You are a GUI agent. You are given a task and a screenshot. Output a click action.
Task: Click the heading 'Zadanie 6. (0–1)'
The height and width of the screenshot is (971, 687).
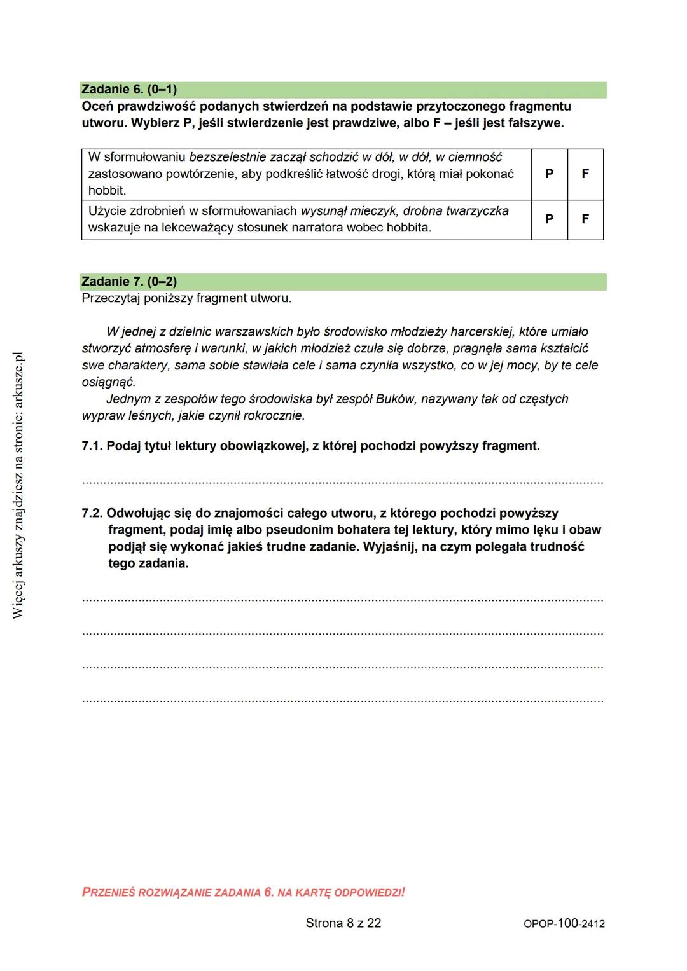[x=129, y=90]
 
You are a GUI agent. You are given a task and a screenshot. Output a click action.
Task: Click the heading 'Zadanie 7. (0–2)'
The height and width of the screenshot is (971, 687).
[x=129, y=282]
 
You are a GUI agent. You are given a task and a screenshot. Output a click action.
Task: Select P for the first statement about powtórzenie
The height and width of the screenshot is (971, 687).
[x=549, y=174]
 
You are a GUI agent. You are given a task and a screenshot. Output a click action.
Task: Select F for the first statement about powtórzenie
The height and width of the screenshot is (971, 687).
[x=585, y=174]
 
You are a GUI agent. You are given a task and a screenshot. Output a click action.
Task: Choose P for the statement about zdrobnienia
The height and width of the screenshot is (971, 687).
[x=549, y=219]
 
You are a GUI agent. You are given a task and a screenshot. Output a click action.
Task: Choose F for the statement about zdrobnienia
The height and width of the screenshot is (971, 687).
[x=585, y=219]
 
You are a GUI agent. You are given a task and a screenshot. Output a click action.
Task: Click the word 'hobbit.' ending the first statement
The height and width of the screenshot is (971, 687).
[x=107, y=191]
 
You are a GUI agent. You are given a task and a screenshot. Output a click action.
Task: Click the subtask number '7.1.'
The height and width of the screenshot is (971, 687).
[x=92, y=446]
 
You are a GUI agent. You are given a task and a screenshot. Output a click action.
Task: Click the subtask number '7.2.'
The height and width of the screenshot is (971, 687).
[x=92, y=514]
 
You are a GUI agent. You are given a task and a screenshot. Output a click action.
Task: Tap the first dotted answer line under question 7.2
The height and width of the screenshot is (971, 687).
[x=342, y=600]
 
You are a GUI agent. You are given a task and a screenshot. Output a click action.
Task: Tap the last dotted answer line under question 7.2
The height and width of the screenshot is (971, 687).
[x=342, y=701]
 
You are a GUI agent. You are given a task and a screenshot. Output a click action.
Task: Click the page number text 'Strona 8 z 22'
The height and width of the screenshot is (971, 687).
[x=343, y=923]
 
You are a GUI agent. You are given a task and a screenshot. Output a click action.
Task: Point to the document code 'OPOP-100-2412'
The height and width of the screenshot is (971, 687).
[x=564, y=924]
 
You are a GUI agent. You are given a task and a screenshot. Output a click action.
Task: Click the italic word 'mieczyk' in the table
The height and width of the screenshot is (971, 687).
[x=373, y=211]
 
